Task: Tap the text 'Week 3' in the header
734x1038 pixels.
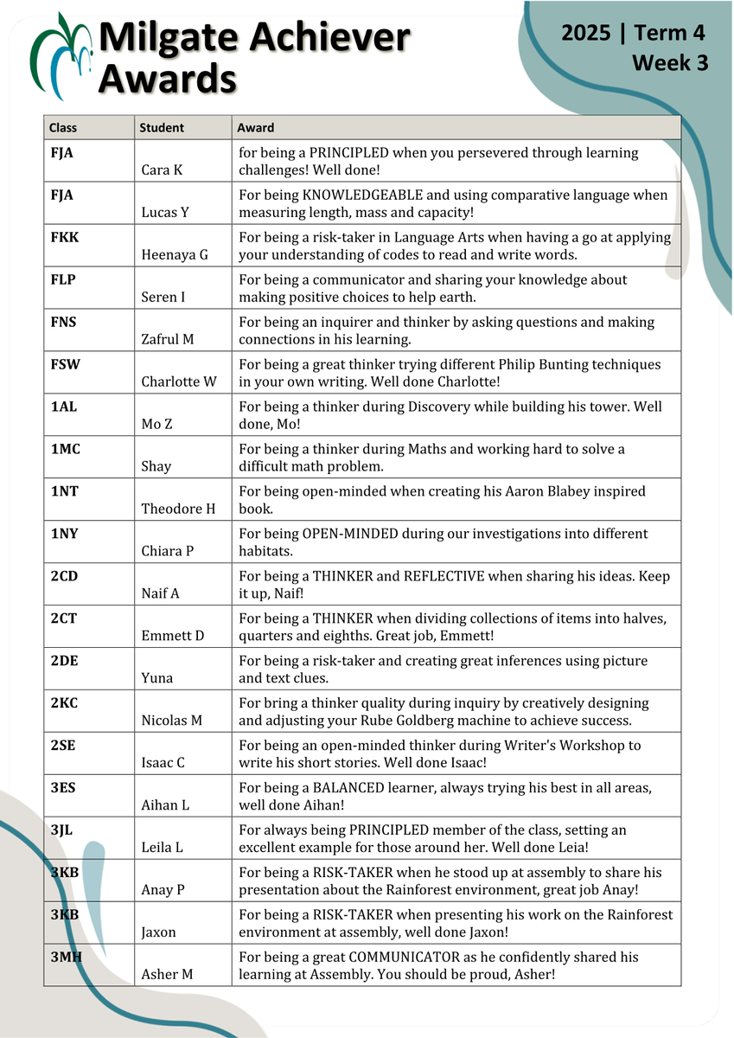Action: [x=669, y=63]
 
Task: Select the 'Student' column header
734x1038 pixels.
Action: [x=162, y=128]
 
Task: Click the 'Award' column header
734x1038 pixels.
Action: [x=256, y=128]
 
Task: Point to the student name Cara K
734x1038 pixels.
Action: [x=162, y=170]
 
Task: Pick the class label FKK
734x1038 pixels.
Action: [x=65, y=237]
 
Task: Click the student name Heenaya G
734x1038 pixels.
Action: [x=174, y=255]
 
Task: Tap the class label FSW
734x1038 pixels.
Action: [x=66, y=364]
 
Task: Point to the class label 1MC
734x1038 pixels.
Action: [x=65, y=449]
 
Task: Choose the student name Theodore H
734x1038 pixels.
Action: [x=178, y=509]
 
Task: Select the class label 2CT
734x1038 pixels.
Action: [x=64, y=618]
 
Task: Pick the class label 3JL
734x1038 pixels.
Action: [x=62, y=830]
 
